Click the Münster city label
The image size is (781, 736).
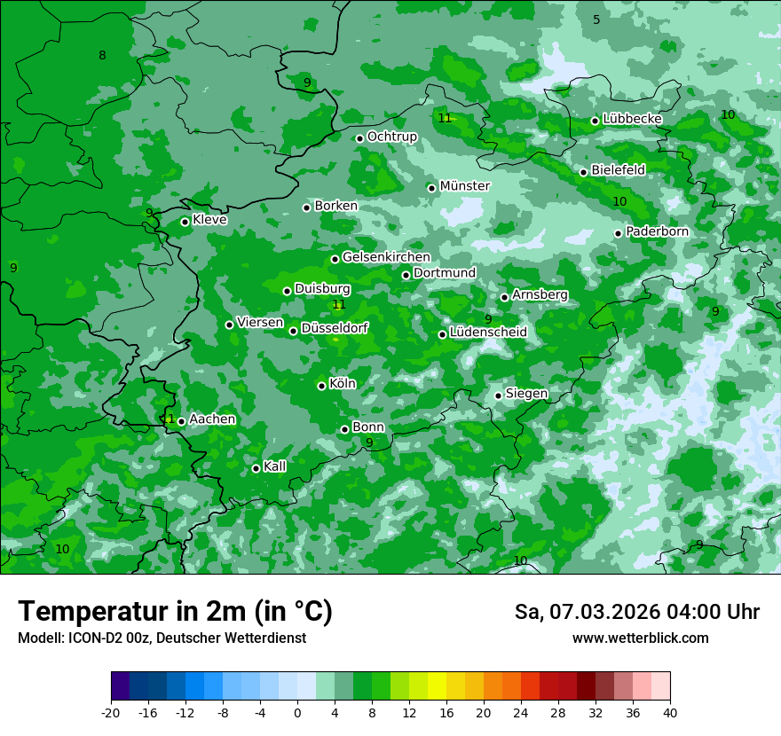[464, 186]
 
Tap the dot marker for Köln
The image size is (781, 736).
[321, 386]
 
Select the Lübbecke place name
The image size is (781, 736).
[632, 119]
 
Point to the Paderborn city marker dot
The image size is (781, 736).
[618, 233]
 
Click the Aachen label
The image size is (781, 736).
[212, 419]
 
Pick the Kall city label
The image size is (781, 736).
[274, 466]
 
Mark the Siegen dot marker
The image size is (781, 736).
[498, 395]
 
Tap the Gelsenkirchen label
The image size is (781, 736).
[386, 257]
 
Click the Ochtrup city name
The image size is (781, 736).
[391, 137]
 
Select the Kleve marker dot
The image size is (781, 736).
[185, 222]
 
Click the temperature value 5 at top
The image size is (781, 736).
[596, 20]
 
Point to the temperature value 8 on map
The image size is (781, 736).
[102, 56]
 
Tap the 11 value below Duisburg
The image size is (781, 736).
[338, 305]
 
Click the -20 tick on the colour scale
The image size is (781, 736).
[111, 712]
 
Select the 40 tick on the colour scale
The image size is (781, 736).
[669, 712]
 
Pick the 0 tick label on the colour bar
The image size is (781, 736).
[297, 712]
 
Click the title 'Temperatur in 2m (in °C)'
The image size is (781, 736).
[176, 612]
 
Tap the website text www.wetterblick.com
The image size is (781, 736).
[640, 638]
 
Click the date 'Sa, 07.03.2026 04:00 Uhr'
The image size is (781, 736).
[636, 612]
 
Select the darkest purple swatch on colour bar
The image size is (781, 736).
[120, 686]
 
